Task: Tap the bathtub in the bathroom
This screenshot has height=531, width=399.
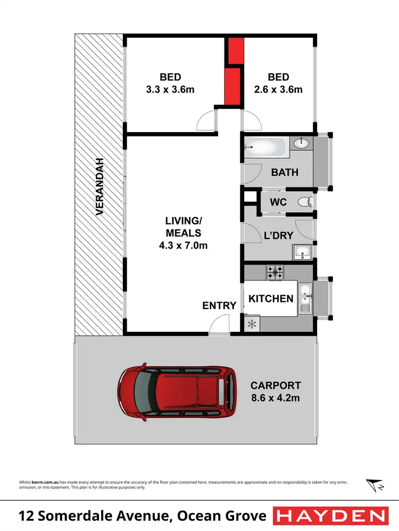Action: pos(266,147)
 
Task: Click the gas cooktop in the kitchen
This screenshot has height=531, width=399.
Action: pos(275,272)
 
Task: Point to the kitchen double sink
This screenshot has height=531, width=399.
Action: pos(305,299)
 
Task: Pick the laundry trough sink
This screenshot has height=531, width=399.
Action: pos(302,252)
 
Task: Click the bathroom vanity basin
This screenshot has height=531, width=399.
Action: pos(302,142)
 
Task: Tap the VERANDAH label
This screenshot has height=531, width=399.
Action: pos(99,187)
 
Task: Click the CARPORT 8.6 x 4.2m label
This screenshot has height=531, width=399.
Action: pos(276,391)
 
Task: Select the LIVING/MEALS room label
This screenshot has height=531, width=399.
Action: pos(184,233)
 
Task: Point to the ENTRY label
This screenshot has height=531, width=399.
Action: pos(219,305)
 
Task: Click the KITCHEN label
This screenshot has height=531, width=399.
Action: pos(271,298)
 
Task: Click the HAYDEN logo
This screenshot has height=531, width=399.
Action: pos(330,516)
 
